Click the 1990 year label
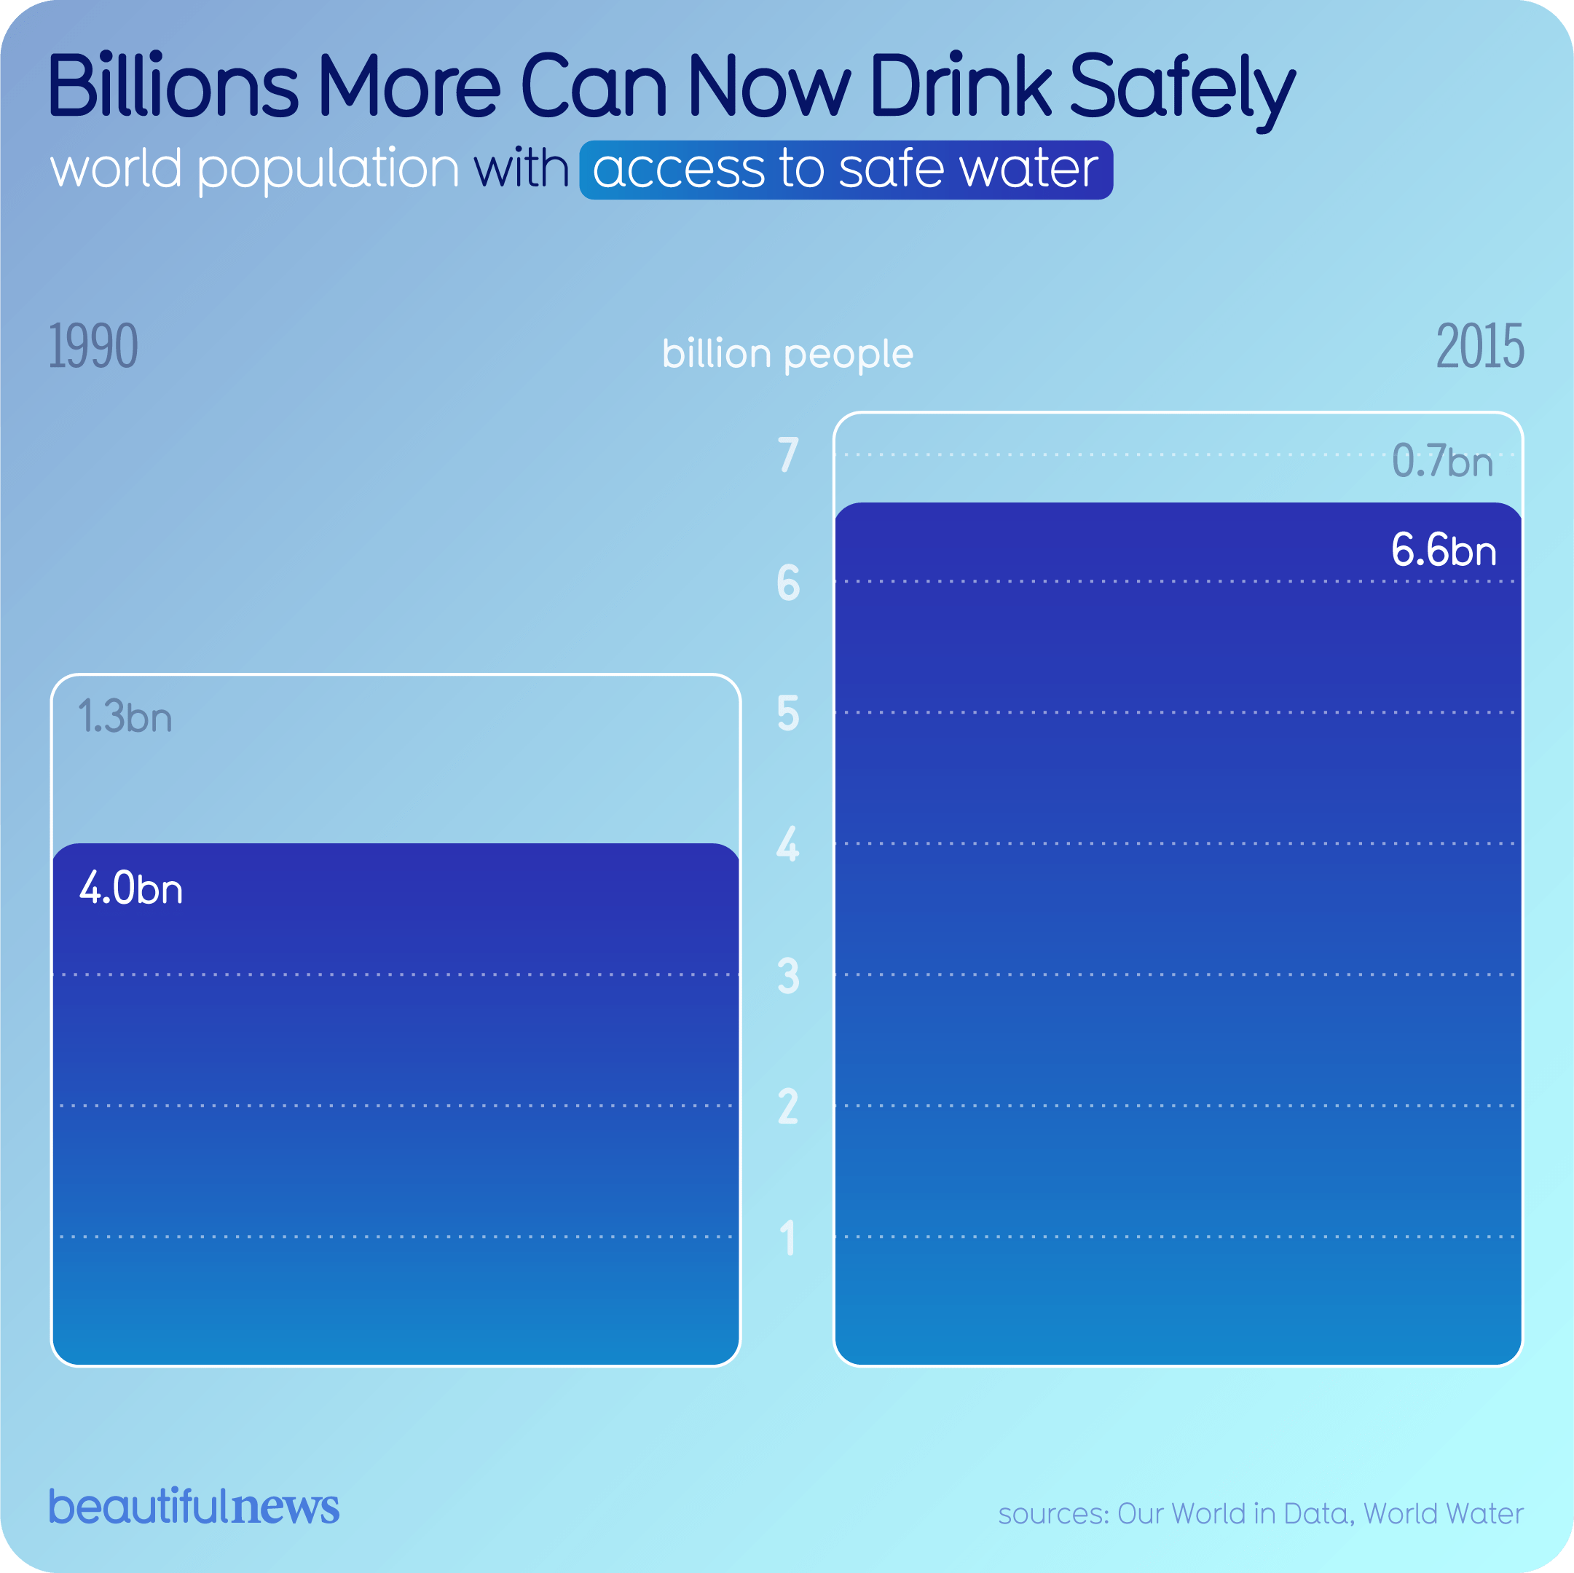pos(93,346)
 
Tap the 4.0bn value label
pos(131,888)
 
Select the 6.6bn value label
pos(1443,551)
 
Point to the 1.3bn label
pos(125,717)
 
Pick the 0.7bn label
pos(1442,461)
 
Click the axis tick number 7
pos(788,454)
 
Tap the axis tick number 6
pos(788,583)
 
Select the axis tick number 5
pos(788,714)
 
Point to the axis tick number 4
pos(788,844)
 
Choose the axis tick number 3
pos(788,975)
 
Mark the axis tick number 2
pos(788,1106)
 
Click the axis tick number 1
pos(788,1237)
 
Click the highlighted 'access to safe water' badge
pos(846,170)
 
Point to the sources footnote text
pos(1260,1513)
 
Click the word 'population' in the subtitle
pos(328,170)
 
